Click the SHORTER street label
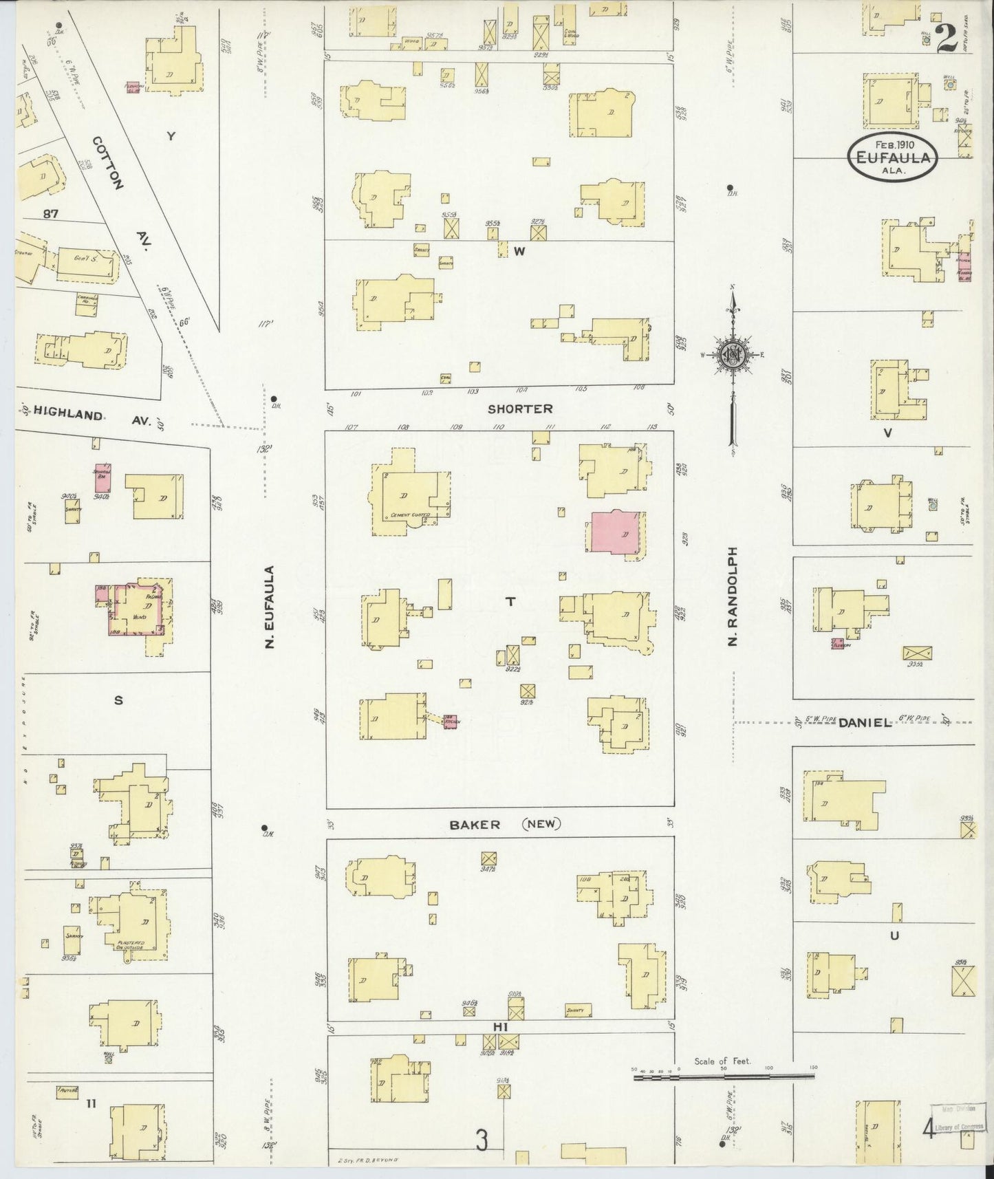pos(520,409)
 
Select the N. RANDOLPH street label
pos(733,596)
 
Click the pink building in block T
pos(616,532)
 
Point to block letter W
pos(519,252)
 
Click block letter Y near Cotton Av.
pos(171,136)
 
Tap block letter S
pos(118,701)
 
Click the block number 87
pos(50,214)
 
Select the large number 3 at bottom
pos(482,1141)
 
